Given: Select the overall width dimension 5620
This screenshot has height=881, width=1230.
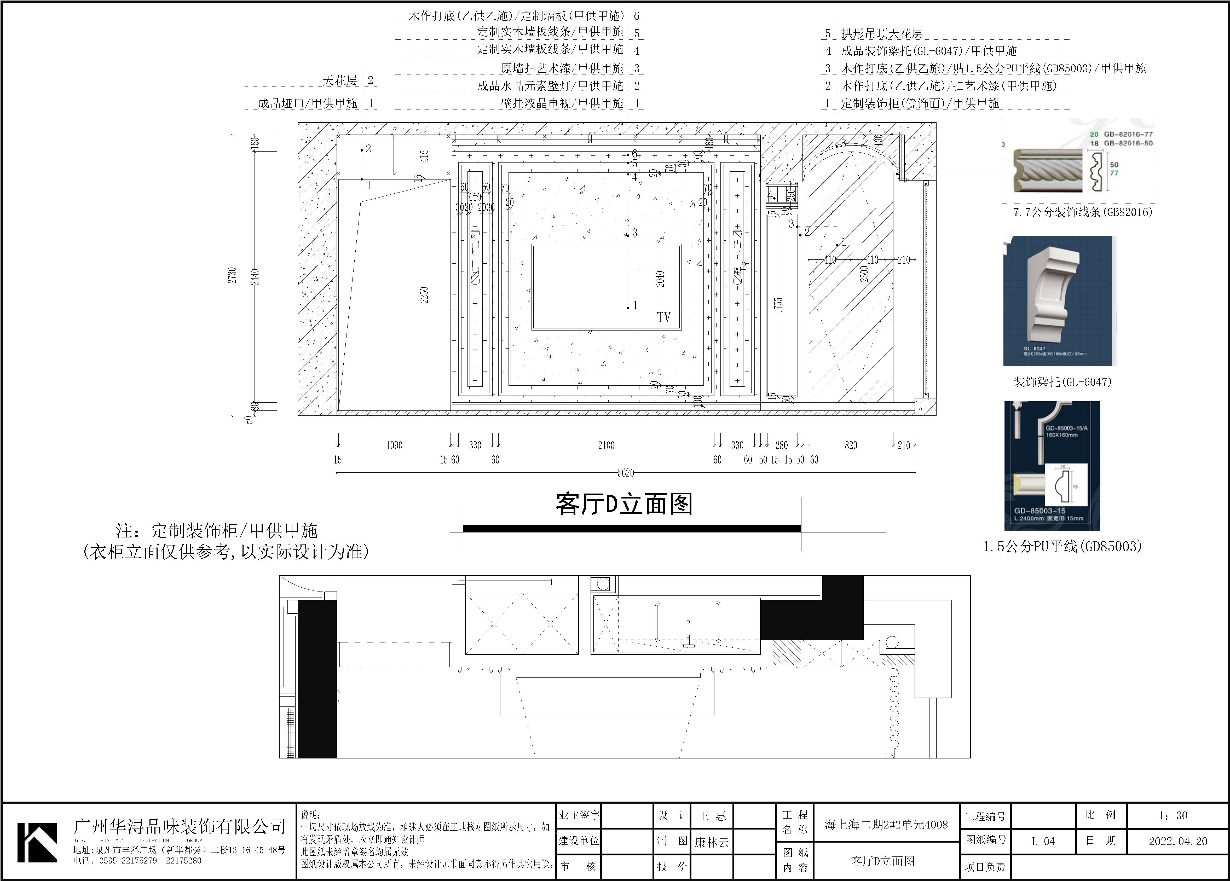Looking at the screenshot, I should pos(625,473).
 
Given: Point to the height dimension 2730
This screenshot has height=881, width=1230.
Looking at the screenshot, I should pos(232,275).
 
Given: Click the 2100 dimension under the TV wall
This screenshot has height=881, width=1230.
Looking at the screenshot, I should pos(606,445).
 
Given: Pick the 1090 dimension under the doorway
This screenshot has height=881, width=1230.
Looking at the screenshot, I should pos(394,445).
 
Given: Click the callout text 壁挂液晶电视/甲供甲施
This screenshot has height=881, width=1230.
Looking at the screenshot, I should pos(562,103).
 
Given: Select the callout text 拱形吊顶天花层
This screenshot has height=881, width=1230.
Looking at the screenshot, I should pos(882,34).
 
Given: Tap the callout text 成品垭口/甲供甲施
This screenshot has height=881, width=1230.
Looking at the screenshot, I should pos(308,103).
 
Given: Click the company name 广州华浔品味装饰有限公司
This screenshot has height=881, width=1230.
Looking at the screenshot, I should pos(179,826).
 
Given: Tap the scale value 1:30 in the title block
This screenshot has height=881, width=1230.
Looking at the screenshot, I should pos(1173,815).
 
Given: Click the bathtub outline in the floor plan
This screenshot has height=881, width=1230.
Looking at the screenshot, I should pos(688,622).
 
